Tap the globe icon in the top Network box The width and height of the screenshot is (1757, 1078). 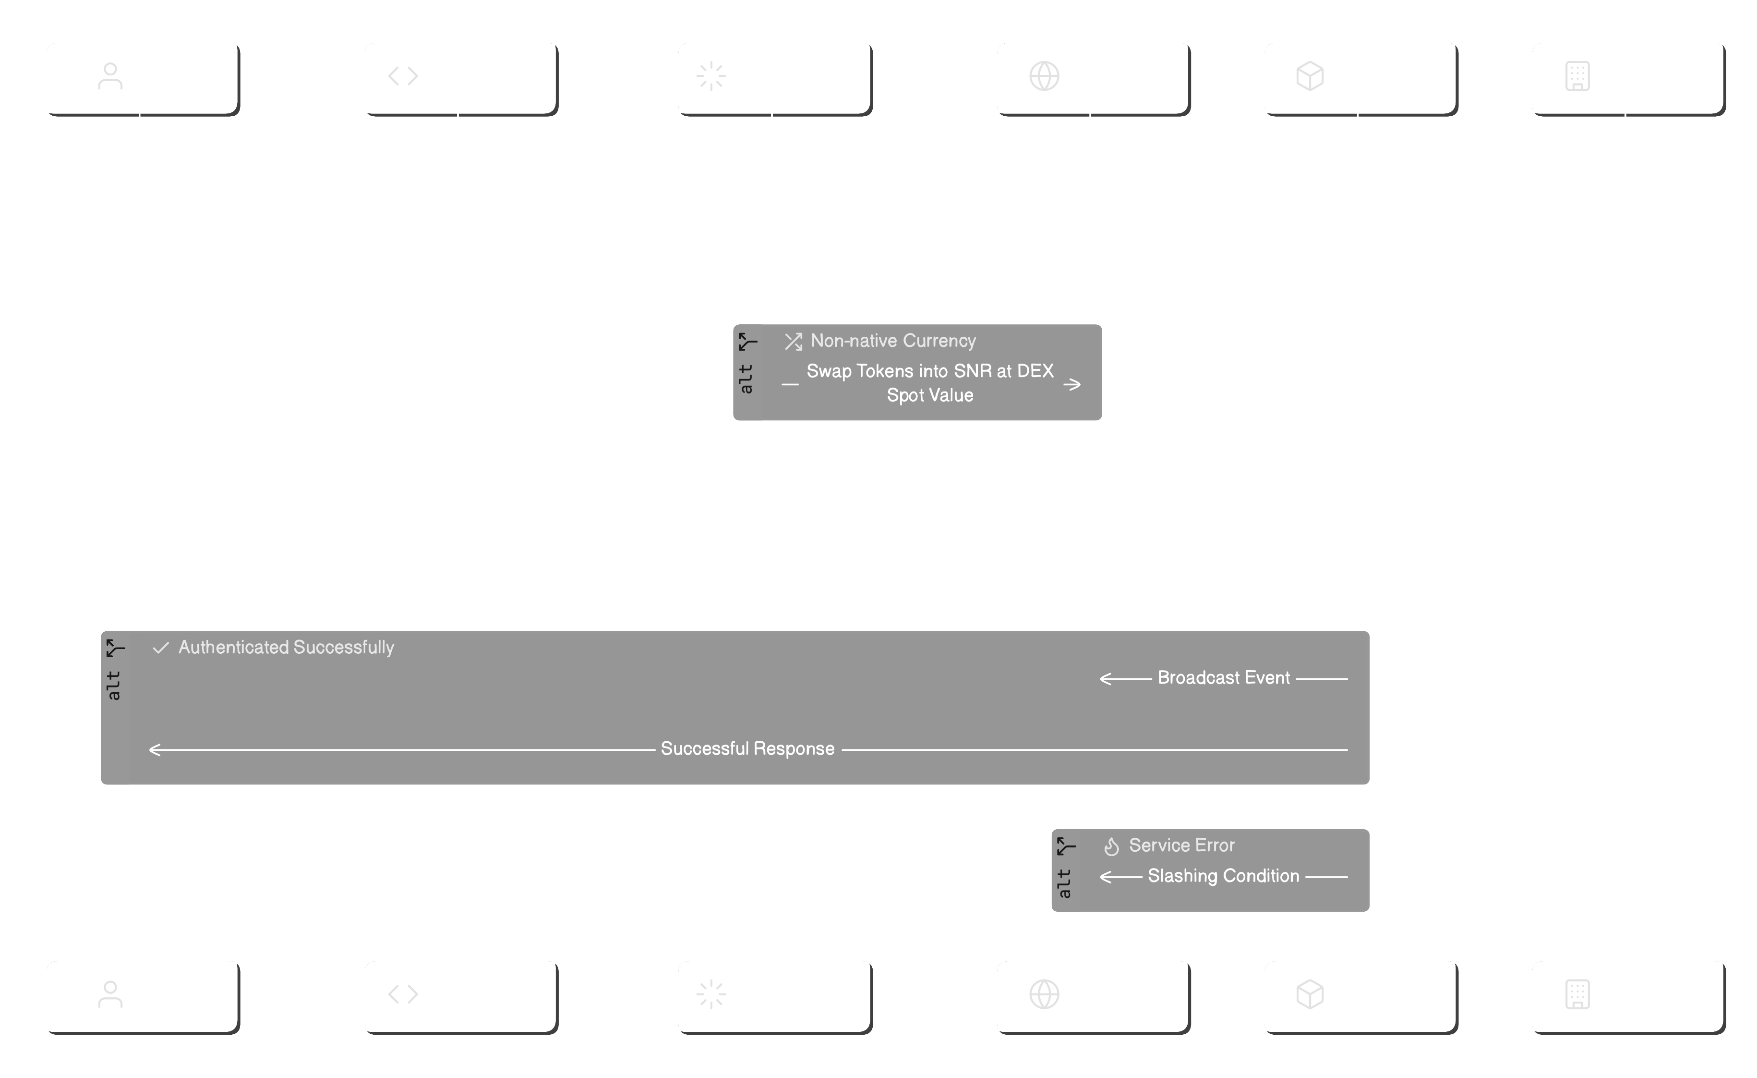pyautogui.click(x=1044, y=75)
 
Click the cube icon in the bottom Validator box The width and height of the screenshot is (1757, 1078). pyautogui.click(x=1309, y=994)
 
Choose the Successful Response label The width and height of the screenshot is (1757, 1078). pyautogui.click(x=747, y=749)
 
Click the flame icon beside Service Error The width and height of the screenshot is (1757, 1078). pyautogui.click(x=1111, y=846)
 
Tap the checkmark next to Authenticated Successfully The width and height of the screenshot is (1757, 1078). pyautogui.click(x=161, y=648)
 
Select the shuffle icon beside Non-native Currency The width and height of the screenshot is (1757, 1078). pyautogui.click(x=794, y=342)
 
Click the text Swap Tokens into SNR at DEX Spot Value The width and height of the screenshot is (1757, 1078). pyautogui.click(x=930, y=383)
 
